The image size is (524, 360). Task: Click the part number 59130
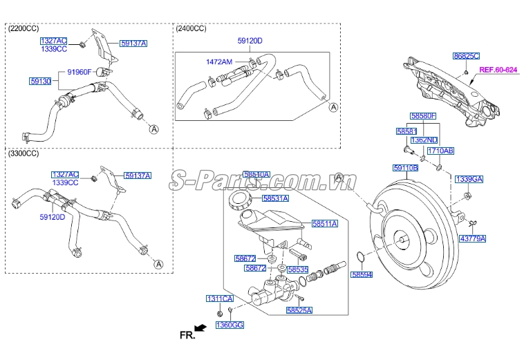[x=40, y=81]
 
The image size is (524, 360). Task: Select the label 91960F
[x=79, y=70]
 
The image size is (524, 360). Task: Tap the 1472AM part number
[x=219, y=61]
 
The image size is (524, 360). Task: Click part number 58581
[x=406, y=131]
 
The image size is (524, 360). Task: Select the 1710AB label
[x=440, y=150]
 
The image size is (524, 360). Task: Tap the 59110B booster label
[x=406, y=167]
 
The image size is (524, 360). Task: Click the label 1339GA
[x=469, y=179]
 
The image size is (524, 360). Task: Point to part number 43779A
[x=473, y=238]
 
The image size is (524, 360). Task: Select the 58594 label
[x=362, y=274]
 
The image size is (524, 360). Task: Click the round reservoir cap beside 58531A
[x=238, y=200]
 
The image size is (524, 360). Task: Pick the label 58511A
[x=324, y=223]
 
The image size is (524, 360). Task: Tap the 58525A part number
[x=299, y=311]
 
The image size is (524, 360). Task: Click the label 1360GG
[x=230, y=325]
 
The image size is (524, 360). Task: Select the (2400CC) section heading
[x=191, y=28]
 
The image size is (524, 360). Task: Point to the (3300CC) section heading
[x=23, y=153]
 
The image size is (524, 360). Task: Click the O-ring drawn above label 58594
[x=360, y=258]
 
